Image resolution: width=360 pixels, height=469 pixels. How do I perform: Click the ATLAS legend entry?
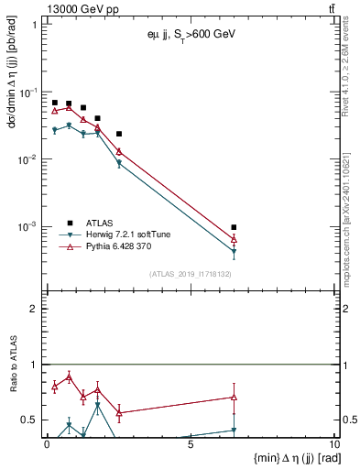(100, 223)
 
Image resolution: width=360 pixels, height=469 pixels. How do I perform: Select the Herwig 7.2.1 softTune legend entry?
(131, 234)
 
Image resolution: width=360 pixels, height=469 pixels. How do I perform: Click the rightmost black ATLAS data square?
(234, 227)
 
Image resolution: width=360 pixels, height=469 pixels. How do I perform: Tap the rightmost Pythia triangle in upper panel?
(234, 239)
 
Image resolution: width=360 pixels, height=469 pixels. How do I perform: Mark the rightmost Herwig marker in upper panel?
(234, 252)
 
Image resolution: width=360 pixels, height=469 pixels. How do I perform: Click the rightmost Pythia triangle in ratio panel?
(234, 398)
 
